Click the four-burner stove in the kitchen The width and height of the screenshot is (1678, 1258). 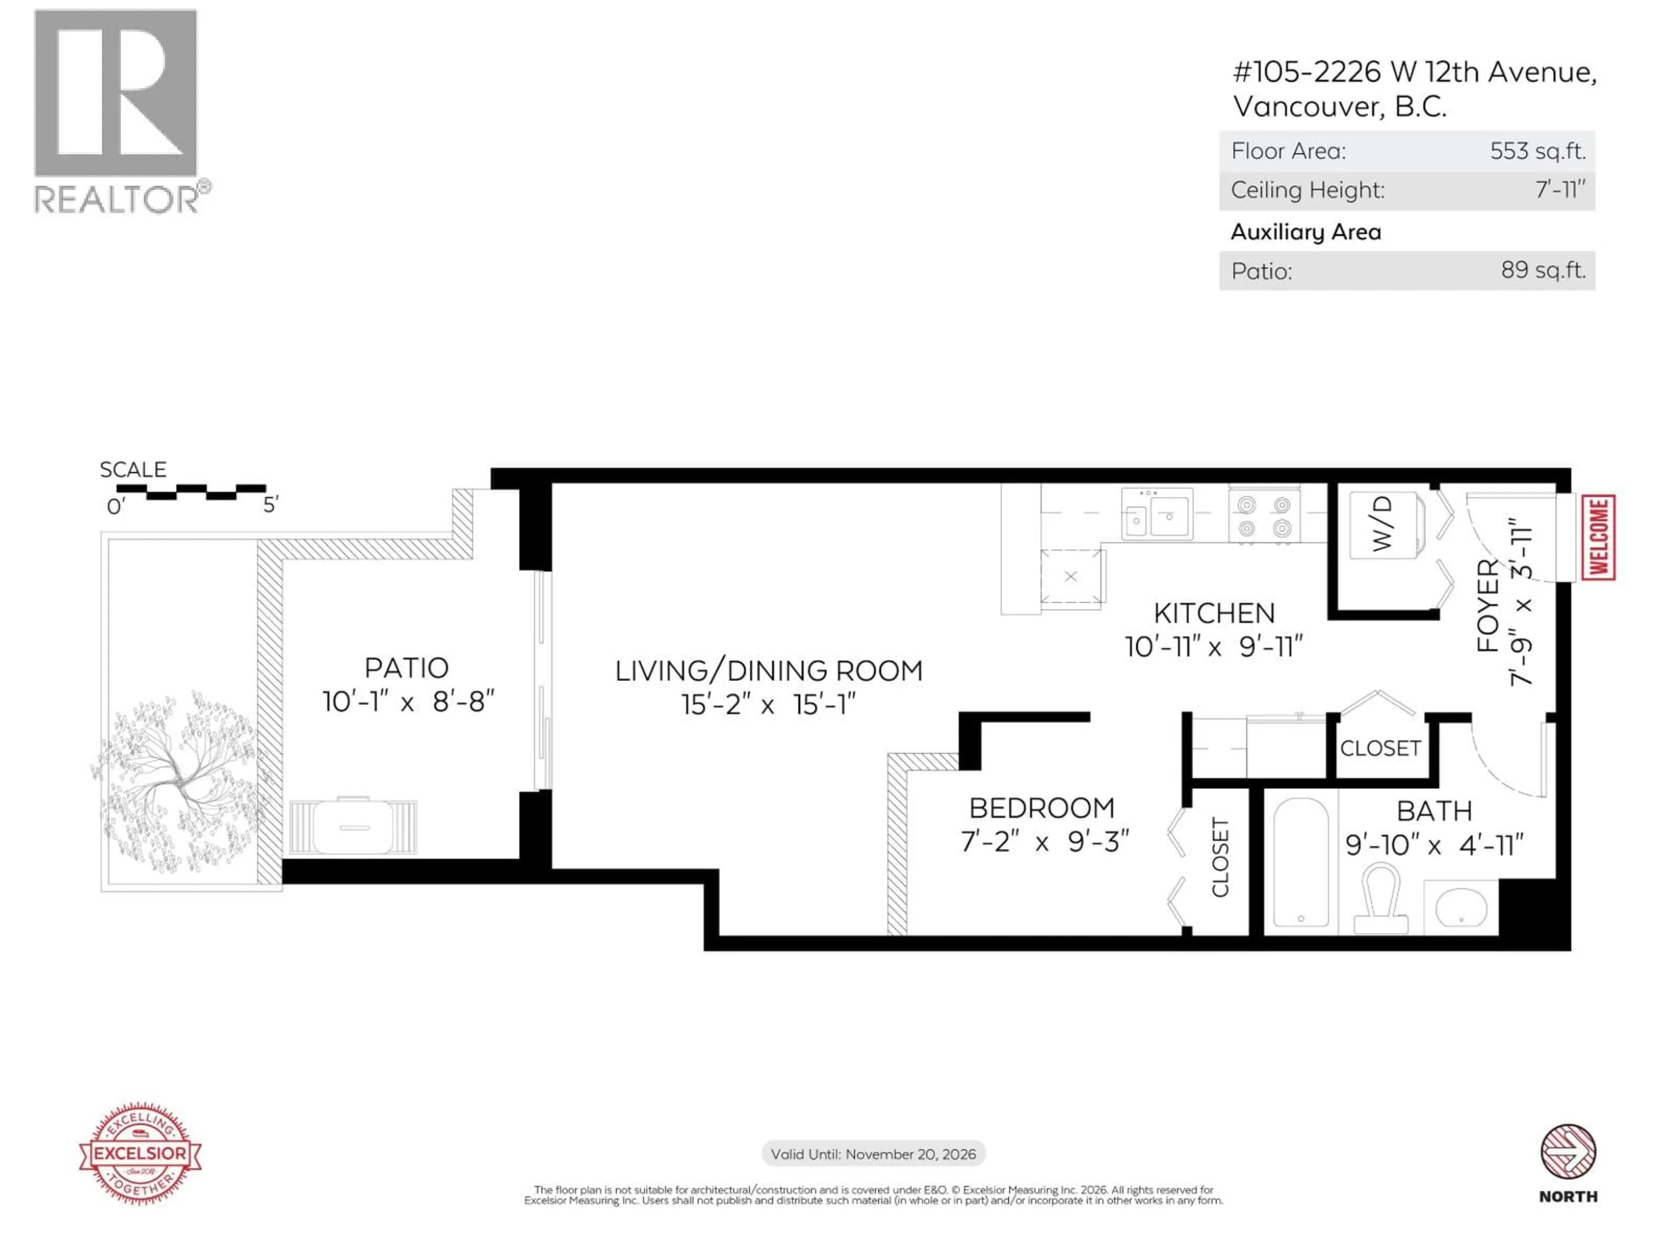click(x=1264, y=515)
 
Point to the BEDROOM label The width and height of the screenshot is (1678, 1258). click(x=1042, y=809)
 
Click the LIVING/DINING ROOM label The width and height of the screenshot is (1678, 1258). click(x=769, y=671)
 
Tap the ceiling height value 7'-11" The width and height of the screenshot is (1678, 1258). click(x=1560, y=190)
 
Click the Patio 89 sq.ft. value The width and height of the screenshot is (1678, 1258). click(x=1543, y=270)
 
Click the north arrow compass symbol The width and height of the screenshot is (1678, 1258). click(x=1568, y=1152)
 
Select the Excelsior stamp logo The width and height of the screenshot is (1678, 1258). click(x=140, y=1153)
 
